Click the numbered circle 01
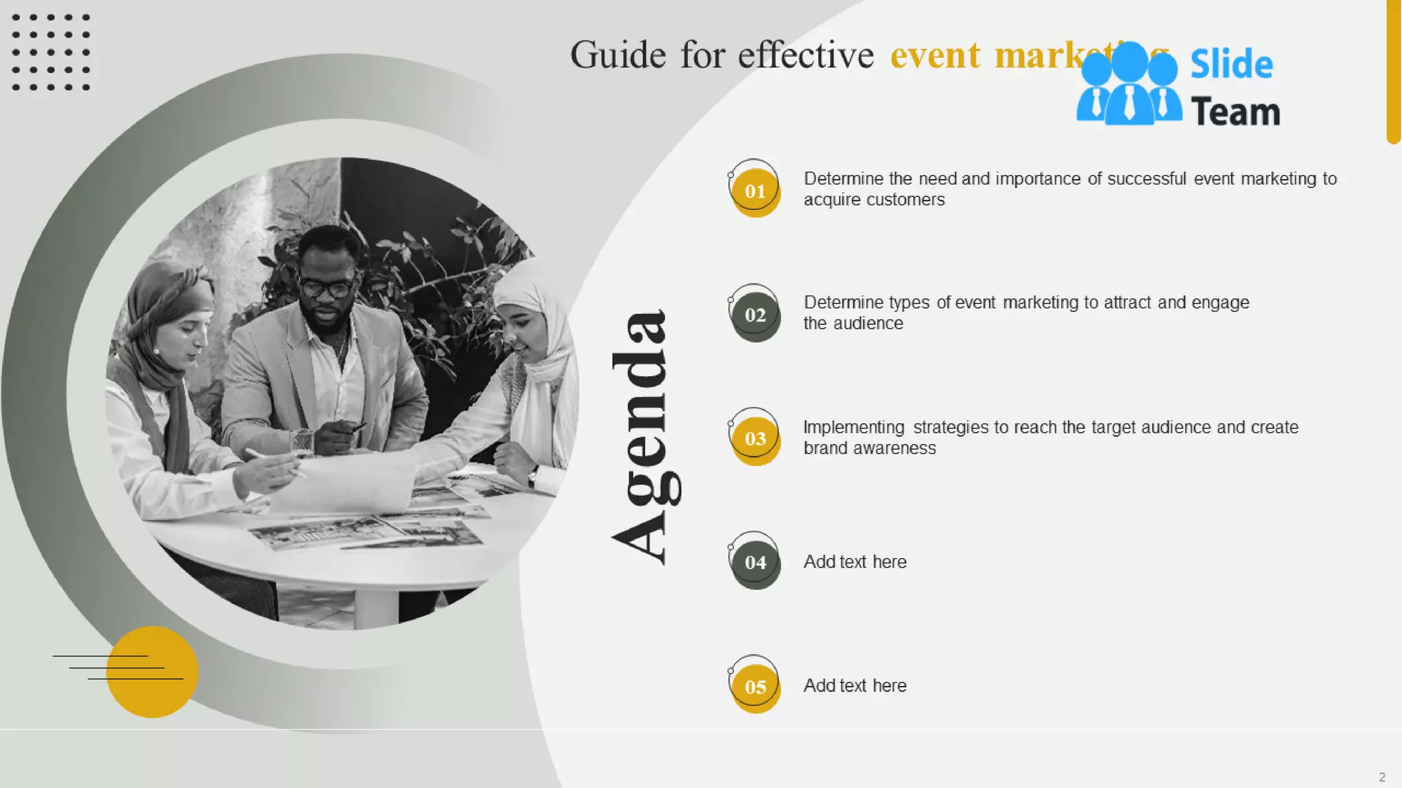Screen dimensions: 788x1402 pos(755,192)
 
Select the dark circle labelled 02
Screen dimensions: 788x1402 pos(755,315)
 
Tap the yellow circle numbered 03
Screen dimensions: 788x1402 pos(755,439)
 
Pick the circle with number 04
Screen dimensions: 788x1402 pos(755,563)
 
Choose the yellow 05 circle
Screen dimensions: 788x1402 pos(755,687)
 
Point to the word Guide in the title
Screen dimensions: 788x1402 pos(617,55)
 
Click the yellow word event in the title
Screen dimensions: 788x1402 pos(935,55)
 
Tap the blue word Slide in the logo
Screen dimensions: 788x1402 pos(1232,65)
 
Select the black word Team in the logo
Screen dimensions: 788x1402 pos(1235,112)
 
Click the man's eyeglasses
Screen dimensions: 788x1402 pos(327,288)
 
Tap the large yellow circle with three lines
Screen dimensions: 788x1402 pos(152,672)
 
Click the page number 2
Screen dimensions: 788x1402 pos(1381,777)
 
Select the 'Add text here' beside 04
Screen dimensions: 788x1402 pos(854,562)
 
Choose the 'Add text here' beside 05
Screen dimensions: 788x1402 pos(854,686)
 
